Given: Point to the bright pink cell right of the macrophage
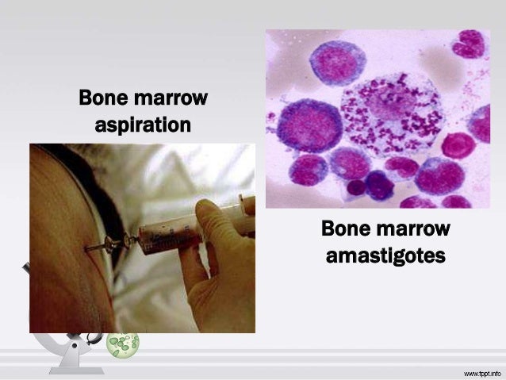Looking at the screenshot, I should pyautogui.click(x=458, y=145).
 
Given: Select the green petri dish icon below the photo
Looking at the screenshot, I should pyautogui.click(x=123, y=343).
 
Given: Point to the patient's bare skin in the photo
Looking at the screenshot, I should pyautogui.click(x=63, y=238).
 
